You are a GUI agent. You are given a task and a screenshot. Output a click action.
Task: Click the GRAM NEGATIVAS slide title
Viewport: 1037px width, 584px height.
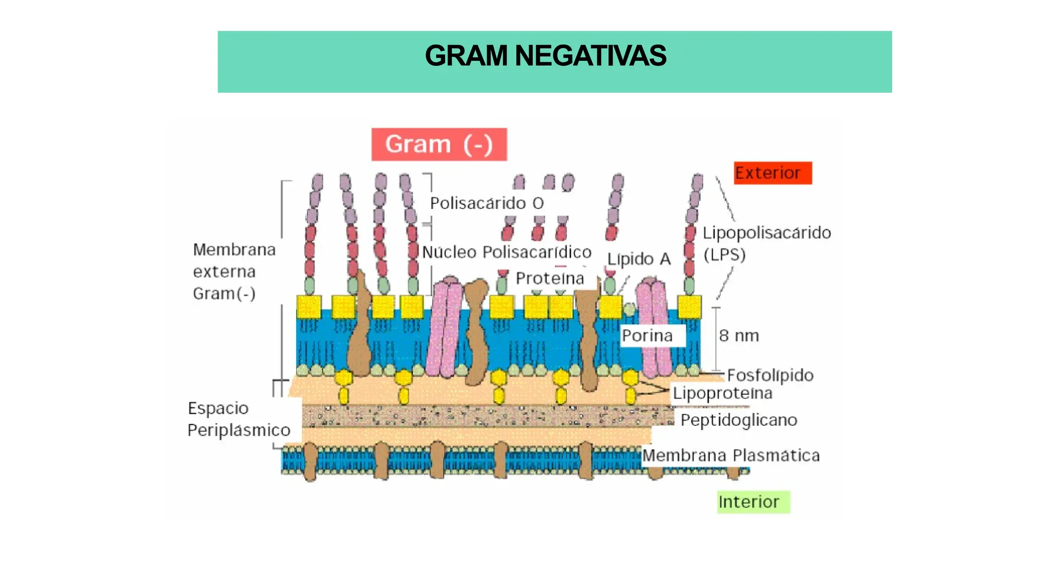click(x=545, y=56)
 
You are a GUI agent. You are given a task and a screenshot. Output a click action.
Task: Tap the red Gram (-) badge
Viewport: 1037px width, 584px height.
click(x=439, y=144)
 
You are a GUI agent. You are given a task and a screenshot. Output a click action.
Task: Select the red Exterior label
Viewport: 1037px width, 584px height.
click(x=772, y=173)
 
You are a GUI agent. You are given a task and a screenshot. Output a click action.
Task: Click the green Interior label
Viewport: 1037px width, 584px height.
click(x=753, y=502)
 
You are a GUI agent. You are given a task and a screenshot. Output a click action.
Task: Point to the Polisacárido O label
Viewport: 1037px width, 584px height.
click(x=487, y=203)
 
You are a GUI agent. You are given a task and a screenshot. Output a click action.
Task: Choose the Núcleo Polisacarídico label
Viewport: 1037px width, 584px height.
click(x=506, y=252)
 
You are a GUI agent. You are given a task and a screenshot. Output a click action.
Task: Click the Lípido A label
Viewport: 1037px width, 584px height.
click(x=639, y=259)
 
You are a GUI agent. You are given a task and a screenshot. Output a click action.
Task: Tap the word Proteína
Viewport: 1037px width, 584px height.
click(x=550, y=278)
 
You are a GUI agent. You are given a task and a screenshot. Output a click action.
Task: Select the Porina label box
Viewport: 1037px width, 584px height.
click(x=652, y=336)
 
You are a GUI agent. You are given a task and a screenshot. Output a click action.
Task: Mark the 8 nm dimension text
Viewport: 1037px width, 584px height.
click(x=739, y=336)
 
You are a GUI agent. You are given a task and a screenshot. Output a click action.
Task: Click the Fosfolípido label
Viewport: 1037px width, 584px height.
click(x=770, y=375)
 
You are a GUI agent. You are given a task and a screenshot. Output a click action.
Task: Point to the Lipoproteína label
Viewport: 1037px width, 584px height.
click(x=723, y=393)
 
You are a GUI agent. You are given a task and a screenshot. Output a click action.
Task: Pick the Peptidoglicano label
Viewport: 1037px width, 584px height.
click(x=739, y=420)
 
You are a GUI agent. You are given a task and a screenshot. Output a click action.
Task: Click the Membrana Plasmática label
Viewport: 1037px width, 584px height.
click(x=731, y=455)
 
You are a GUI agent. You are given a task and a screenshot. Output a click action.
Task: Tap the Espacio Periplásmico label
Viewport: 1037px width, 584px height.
click(x=238, y=419)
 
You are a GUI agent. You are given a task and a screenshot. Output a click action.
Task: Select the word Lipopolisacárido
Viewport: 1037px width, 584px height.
click(x=767, y=233)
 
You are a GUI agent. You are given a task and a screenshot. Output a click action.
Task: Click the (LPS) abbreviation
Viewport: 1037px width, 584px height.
click(x=725, y=254)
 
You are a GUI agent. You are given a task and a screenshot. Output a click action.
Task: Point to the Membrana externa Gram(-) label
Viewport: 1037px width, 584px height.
click(x=234, y=272)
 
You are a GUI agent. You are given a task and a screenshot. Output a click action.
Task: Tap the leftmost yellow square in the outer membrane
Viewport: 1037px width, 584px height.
click(x=308, y=306)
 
